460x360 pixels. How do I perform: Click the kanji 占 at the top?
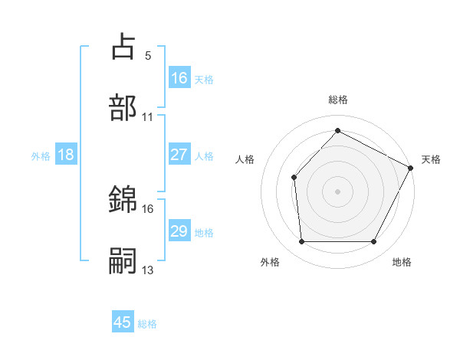click(x=123, y=47)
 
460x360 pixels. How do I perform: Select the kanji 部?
click(x=123, y=109)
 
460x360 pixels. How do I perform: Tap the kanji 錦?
click(x=123, y=200)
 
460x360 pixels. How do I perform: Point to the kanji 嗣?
click(x=123, y=260)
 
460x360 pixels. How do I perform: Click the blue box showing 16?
click(x=179, y=77)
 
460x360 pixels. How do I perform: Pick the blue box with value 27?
click(x=179, y=154)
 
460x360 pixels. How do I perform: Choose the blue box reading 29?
click(x=179, y=231)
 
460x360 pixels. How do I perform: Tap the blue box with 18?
click(x=66, y=155)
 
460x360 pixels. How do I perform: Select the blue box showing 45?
click(x=123, y=322)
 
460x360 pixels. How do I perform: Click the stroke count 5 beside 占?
click(x=147, y=55)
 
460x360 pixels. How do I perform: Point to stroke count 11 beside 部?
click(x=148, y=117)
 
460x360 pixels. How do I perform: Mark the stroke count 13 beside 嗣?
click(x=148, y=270)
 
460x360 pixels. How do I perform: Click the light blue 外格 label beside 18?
click(x=41, y=155)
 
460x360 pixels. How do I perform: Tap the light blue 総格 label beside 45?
click(x=147, y=324)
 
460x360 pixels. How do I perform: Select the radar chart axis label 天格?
click(x=431, y=159)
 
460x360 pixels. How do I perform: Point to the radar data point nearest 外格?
click(x=301, y=242)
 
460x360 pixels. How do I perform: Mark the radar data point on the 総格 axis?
click(x=337, y=130)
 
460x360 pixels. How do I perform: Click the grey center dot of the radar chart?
click(x=337, y=191)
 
